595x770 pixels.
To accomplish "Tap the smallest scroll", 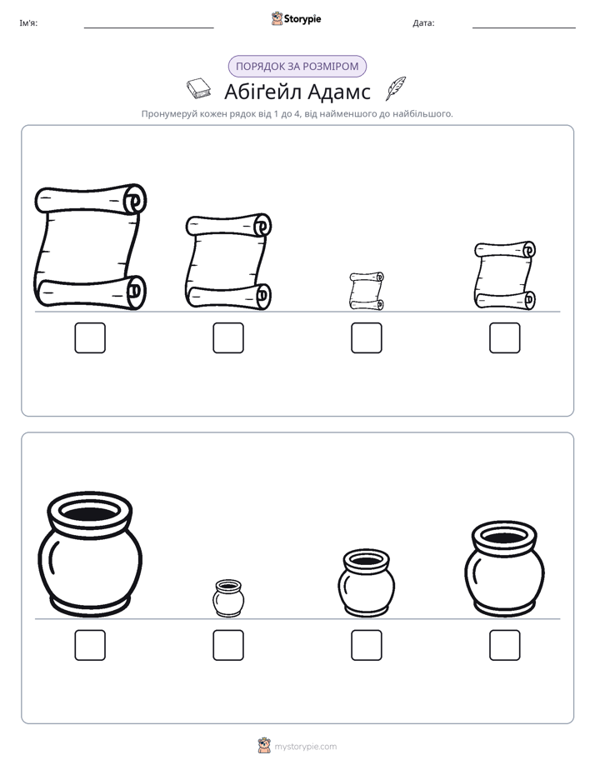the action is [366, 291].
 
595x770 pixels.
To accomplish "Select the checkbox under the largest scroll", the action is [90, 337].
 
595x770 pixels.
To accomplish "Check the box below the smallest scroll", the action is [366, 337].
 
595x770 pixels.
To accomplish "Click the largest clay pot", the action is [90, 554].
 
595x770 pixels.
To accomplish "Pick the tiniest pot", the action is [228, 598].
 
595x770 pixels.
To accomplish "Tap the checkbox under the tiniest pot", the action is [228, 645].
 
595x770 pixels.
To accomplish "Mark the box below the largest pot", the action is [90, 645].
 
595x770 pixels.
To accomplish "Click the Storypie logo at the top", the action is [296, 18].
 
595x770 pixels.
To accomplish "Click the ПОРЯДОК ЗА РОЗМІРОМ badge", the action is [297, 67].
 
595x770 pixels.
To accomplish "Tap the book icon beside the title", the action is [199, 88].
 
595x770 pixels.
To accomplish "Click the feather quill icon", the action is [396, 88].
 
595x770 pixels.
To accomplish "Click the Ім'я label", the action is [28, 23].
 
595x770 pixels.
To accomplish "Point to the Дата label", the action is [423, 23].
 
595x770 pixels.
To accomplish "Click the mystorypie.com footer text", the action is [305, 747].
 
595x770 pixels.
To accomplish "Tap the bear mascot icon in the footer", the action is [264, 746].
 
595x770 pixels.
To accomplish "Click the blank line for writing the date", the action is [524, 27].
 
